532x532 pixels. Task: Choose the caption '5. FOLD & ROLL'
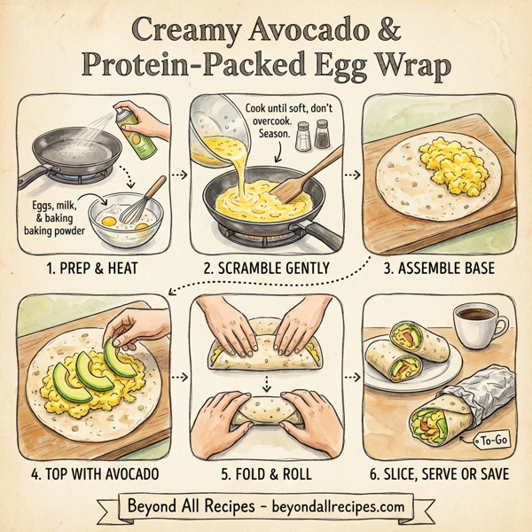click(x=265, y=474)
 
